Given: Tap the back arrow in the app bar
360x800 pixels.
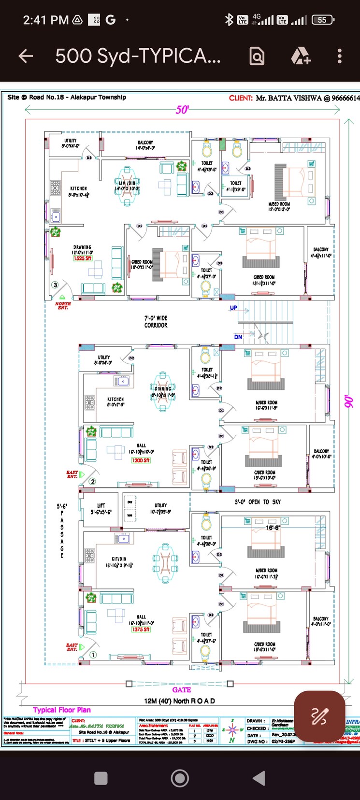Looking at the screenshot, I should coord(26,56).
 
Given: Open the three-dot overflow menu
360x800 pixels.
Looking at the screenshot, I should coord(340,56).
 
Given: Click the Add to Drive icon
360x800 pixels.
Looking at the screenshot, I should coord(301,56).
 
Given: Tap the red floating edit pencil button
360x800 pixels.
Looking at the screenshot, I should coord(319,716).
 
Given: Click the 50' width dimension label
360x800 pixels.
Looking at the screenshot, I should coord(182,110).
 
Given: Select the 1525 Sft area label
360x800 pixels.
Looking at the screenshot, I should coord(83,258).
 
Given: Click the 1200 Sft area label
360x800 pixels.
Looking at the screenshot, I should coord(141,460).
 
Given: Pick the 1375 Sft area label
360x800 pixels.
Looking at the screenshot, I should coord(141,629).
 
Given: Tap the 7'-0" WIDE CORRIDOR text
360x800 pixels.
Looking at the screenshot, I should coord(156,322).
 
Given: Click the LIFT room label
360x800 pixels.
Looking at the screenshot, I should coord(101,509).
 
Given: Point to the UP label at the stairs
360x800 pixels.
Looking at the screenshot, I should coord(233,308).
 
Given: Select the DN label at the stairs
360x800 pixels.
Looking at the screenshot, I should coord(238,337).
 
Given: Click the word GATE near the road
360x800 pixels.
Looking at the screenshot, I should coord(182,690).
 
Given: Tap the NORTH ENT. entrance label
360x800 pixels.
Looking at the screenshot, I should coord(63,306).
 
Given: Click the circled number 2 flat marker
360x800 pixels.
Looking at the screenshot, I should coord(92,481).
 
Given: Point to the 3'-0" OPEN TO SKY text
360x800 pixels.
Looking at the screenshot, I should coord(258,502).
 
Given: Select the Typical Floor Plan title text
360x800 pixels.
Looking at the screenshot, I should coord(62,710).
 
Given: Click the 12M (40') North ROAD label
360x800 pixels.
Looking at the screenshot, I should coord(179,701).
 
